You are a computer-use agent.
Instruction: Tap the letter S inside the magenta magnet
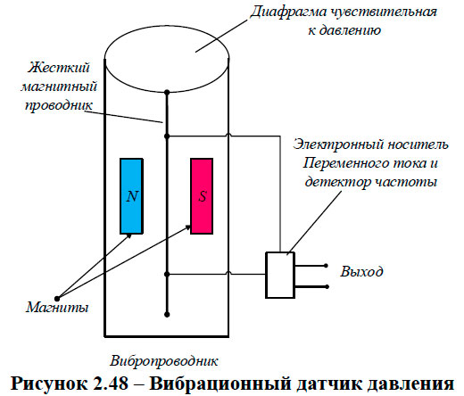tap(202, 196)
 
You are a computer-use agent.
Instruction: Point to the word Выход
tap(362, 270)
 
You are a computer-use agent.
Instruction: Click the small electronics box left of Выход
tap(281, 275)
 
